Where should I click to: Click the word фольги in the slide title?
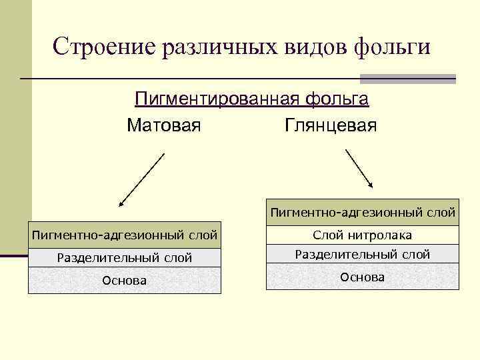393,47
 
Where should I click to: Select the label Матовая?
163,125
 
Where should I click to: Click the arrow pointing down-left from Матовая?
141,180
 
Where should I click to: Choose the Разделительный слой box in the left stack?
125,257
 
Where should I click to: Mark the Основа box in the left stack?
125,281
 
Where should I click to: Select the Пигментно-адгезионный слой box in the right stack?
363,213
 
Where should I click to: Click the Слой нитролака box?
363,235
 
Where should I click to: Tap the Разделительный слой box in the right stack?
363,254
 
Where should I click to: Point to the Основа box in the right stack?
363,277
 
